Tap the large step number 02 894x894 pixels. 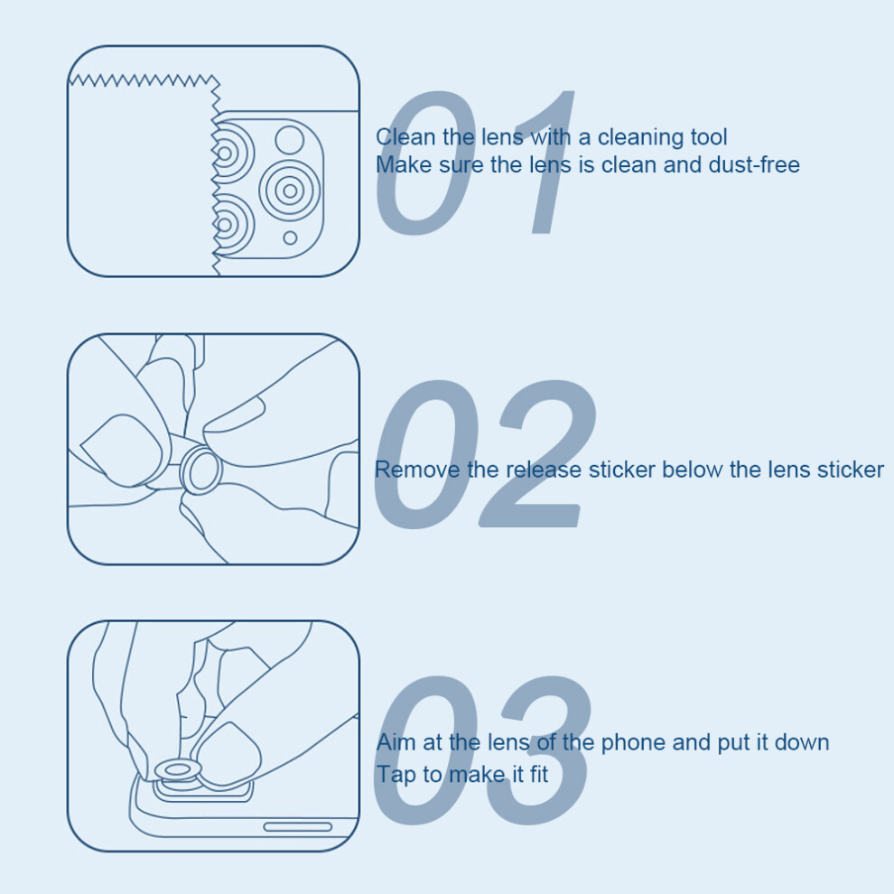point(485,453)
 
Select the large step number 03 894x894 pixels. point(482,750)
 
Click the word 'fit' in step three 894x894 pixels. point(539,774)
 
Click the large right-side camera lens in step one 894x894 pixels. point(290,191)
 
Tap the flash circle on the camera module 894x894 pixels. point(290,140)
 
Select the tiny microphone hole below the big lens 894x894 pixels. point(290,237)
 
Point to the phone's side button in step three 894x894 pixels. point(298,826)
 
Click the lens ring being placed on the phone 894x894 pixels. point(178,770)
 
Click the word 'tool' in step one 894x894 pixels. point(709,137)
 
